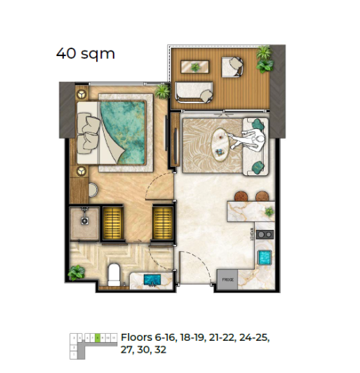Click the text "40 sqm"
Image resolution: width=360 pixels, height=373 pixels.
click(x=85, y=52)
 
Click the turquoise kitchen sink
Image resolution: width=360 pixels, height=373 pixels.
click(x=265, y=257)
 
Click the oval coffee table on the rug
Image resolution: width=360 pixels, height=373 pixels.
click(x=222, y=143)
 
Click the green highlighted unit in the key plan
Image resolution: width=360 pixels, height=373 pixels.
click(x=99, y=337)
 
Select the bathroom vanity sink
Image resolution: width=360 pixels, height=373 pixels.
click(x=151, y=280)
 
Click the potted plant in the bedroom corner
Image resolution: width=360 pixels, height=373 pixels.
click(x=162, y=90)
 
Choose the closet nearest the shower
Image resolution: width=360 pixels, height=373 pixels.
click(x=112, y=221)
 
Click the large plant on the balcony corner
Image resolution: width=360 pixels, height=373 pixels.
click(x=265, y=59)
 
